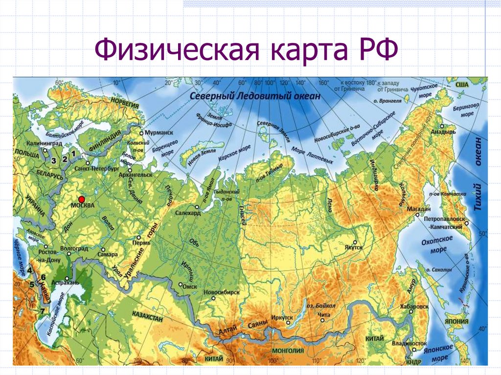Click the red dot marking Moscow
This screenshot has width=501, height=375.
[x=82, y=199]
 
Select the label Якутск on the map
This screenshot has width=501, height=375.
[x=353, y=248]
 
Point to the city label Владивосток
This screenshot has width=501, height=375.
[x=408, y=344]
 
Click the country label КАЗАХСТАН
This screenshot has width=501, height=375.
[x=147, y=318]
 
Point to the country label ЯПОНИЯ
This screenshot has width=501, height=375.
[x=457, y=322]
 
